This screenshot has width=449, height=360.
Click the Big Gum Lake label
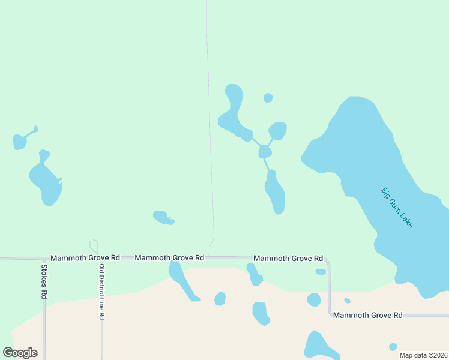[397, 208]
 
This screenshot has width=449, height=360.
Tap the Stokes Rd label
[44, 282]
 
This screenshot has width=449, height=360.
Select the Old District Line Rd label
[102, 292]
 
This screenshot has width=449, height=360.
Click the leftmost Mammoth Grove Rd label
[85, 257]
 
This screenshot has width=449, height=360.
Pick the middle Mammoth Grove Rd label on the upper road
[169, 257]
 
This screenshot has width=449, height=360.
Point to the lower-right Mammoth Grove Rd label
[368, 315]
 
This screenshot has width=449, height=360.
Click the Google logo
[20, 353]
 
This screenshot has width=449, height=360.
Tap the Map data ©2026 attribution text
[423, 355]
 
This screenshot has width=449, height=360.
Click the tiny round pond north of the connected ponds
[268, 98]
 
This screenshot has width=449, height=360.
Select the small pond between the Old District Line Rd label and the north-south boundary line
[162, 217]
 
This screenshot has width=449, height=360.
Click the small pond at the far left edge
[20, 142]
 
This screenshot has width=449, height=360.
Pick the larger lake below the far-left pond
[46, 182]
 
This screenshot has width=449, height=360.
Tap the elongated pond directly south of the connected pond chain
[275, 192]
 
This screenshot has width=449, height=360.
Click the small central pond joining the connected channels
[265, 152]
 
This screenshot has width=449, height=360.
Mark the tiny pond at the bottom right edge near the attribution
[393, 347]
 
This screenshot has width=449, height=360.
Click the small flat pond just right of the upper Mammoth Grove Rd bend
[321, 272]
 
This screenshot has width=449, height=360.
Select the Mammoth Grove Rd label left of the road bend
[288, 258]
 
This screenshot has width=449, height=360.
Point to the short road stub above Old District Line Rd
[94, 246]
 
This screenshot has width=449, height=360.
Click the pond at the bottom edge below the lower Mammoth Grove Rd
[316, 347]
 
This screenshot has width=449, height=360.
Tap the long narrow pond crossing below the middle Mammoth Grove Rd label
[181, 280]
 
